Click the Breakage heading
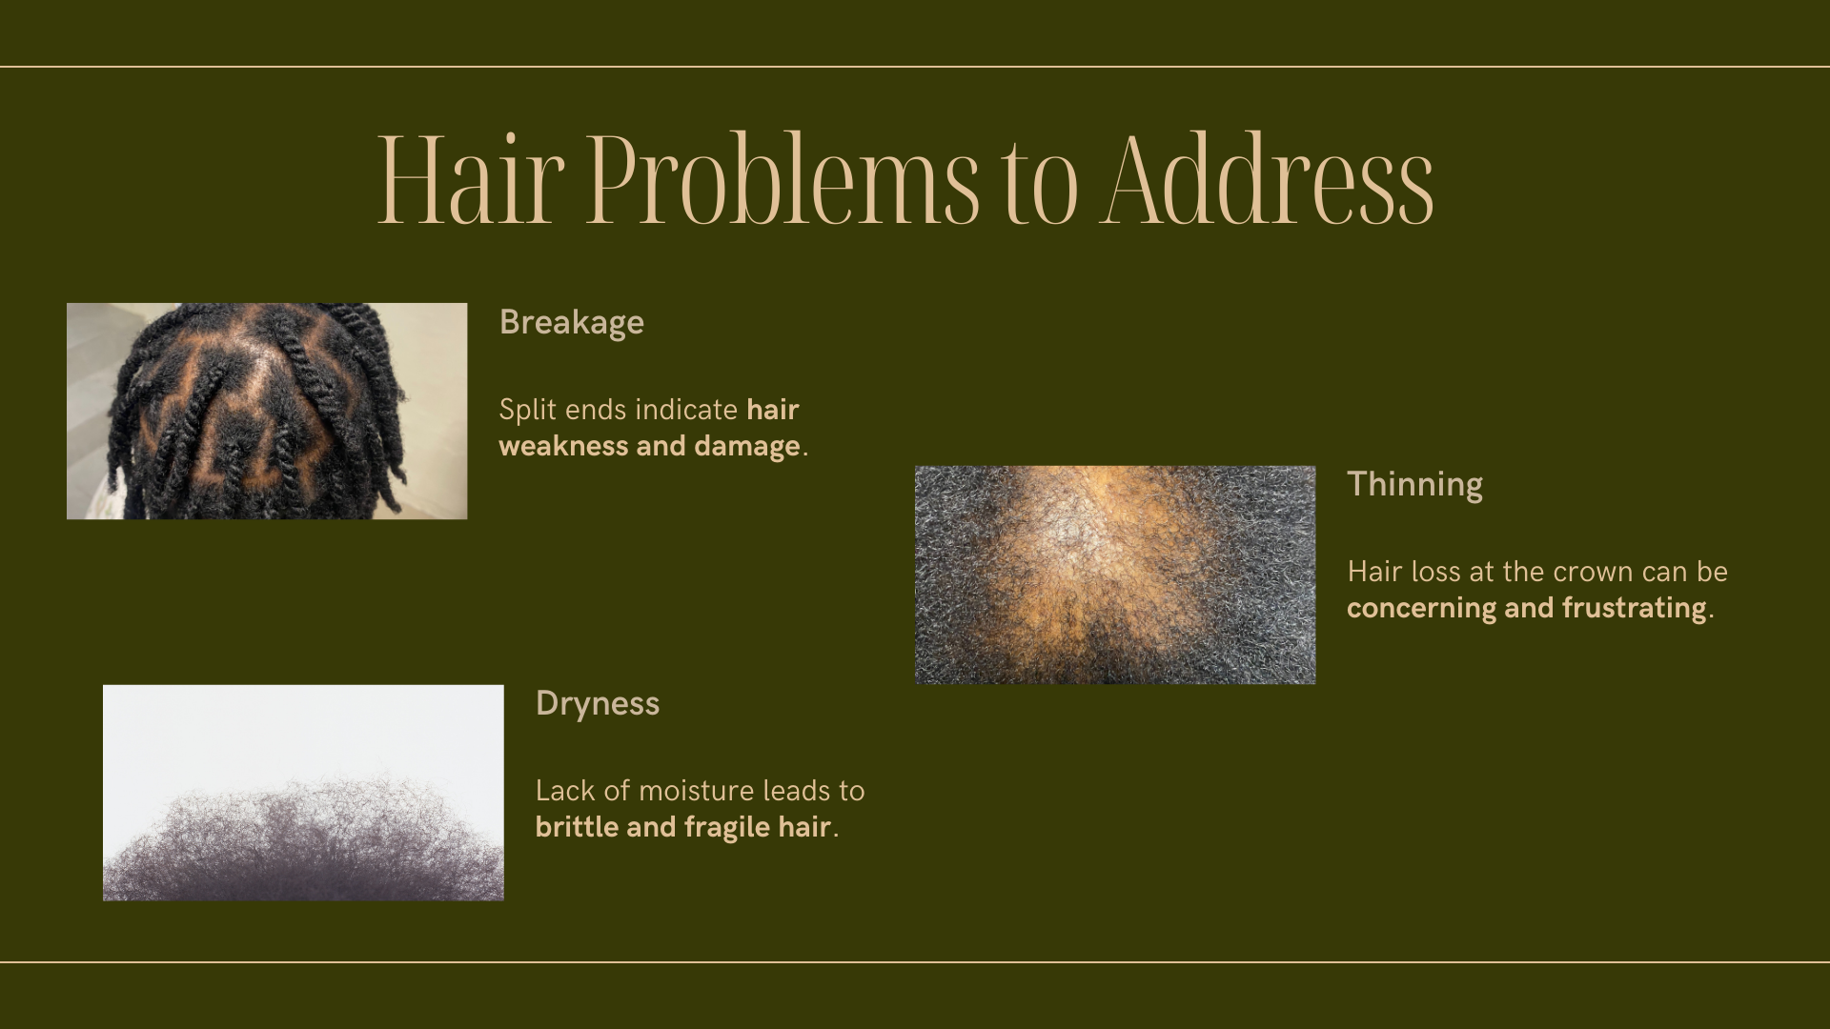pos(572,323)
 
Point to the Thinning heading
pos(1414,484)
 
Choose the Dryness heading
pos(598,704)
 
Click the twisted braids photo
pos(267,412)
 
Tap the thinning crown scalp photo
pos(1115,575)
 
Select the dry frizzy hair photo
pos(303,793)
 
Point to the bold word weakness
pos(563,446)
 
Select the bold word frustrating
pos(1634,609)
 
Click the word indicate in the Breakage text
pos(686,410)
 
